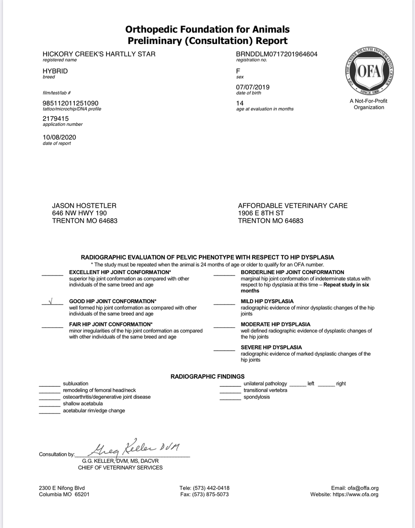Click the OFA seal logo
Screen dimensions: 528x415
click(369, 73)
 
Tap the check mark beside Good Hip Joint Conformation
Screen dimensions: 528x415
click(51, 302)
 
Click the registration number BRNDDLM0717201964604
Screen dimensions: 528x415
click(277, 54)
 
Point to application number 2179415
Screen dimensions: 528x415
click(55, 118)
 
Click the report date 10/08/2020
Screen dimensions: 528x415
click(59, 137)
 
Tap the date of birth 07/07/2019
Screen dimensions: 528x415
click(253, 87)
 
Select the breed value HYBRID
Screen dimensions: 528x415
click(55, 71)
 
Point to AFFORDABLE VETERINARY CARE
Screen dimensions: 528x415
click(293, 205)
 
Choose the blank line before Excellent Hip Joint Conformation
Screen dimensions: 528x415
click(52, 275)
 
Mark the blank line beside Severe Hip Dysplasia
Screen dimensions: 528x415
click(224, 350)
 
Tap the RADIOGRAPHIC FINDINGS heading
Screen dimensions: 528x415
click(207, 376)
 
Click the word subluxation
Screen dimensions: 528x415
click(76, 384)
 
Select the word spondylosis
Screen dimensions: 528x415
click(257, 397)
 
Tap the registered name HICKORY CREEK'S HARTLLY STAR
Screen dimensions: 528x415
click(99, 54)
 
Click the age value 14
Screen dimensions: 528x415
click(240, 103)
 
